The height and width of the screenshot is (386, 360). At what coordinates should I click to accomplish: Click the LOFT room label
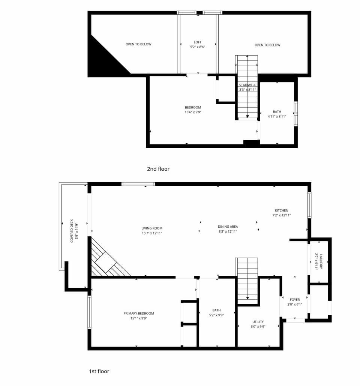point(198,42)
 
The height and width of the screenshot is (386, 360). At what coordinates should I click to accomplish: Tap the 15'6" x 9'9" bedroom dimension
point(193,112)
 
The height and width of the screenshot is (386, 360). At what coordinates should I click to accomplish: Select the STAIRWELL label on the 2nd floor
point(247,85)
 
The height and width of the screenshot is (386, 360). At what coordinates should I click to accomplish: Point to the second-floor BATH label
point(277,112)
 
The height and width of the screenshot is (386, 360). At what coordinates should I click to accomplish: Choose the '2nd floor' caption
point(158,169)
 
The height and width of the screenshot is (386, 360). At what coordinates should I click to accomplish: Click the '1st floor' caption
point(99,371)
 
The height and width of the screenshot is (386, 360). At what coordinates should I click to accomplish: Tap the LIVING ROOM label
point(152,228)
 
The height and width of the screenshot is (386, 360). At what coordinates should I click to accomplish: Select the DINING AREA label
point(228,227)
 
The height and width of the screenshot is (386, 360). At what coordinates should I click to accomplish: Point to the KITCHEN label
point(282,210)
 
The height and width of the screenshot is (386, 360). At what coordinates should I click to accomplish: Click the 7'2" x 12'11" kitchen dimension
point(282,215)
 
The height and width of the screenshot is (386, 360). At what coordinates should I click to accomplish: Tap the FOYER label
point(295,300)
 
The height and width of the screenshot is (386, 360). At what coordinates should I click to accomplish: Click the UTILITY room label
point(258,322)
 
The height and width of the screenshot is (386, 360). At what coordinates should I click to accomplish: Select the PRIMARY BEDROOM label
point(139,314)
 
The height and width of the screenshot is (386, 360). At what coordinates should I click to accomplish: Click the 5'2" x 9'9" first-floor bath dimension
point(216,315)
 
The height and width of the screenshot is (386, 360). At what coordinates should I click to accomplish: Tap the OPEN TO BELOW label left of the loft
point(138,44)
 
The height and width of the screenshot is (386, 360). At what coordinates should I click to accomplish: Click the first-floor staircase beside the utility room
point(247,279)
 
